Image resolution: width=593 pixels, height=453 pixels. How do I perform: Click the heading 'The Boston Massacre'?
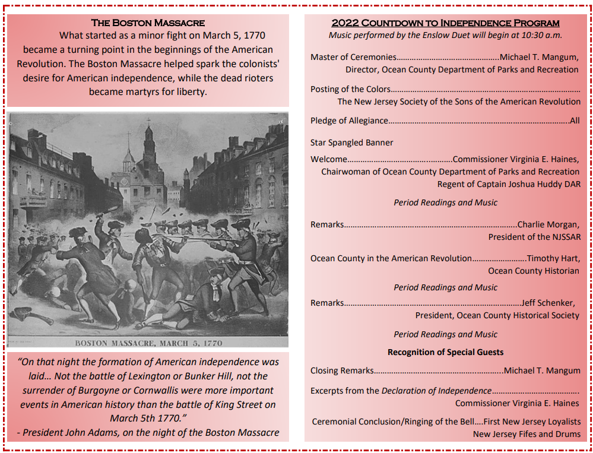[x=148, y=23]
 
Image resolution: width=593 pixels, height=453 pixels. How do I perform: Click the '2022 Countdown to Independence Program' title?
[x=445, y=23]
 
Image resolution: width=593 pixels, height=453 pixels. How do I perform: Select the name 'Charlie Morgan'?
[x=547, y=224]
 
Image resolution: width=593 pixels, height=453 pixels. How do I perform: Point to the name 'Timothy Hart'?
[x=553, y=258]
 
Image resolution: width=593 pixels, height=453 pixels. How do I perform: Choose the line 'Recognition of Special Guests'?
[x=445, y=352]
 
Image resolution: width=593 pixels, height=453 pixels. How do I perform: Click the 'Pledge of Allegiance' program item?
[x=349, y=121]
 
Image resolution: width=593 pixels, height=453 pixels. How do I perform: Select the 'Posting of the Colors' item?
[x=350, y=89]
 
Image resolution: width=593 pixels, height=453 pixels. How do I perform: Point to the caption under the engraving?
[x=148, y=343]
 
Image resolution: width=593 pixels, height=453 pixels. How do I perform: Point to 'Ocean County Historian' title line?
[x=533, y=271]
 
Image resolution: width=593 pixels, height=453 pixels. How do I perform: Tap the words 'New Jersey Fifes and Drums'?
[x=526, y=434]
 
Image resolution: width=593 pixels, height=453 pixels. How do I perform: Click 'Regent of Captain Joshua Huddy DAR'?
[x=509, y=184]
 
